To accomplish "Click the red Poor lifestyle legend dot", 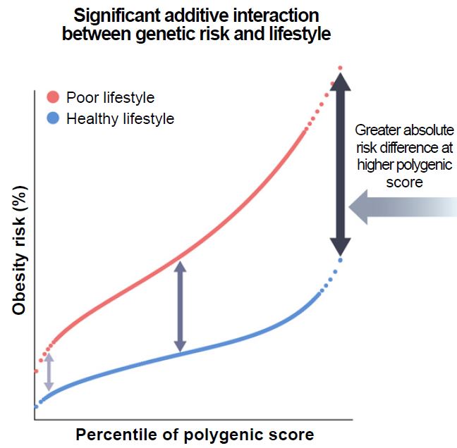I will [x=54, y=97].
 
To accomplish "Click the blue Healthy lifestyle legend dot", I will [x=54, y=118].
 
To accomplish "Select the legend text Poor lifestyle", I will [x=110, y=98].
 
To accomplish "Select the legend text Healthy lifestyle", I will [x=120, y=119].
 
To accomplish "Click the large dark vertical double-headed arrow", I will [x=341, y=164].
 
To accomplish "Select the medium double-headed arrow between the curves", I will [x=181, y=306].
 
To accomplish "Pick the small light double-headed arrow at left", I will [x=48, y=371].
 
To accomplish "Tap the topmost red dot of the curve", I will [x=340, y=68].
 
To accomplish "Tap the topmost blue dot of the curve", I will [x=340, y=260].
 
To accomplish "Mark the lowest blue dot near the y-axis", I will [x=35, y=406].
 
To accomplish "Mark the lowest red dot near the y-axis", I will [x=35, y=371].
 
